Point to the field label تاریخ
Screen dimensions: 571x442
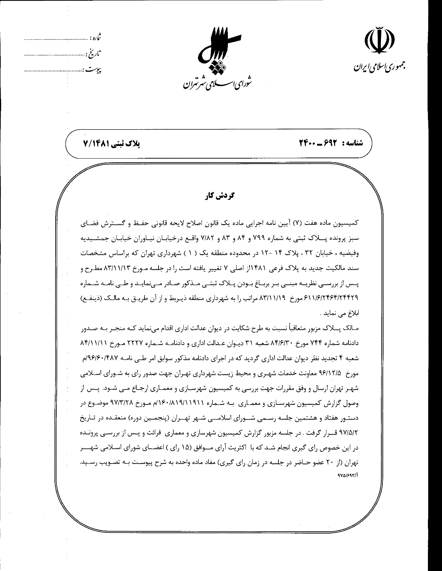pyautogui.click(x=94, y=54)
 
